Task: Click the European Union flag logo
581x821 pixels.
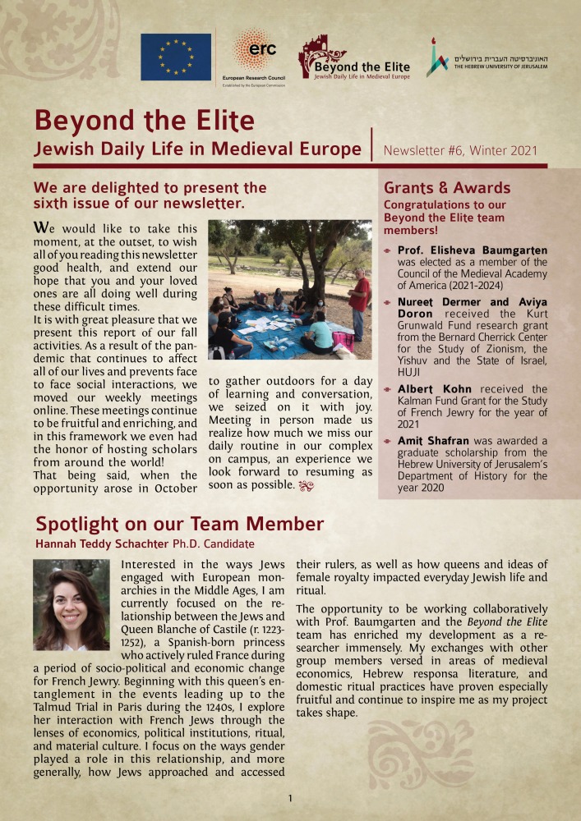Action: (x=175, y=57)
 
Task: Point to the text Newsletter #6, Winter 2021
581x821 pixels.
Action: (x=460, y=150)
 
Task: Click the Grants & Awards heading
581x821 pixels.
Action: (x=447, y=188)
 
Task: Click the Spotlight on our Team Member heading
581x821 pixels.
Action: (x=179, y=524)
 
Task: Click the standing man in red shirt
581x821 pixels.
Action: (x=357, y=302)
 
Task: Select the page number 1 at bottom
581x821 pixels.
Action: (x=290, y=798)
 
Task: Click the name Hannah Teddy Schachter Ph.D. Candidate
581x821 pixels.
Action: (x=145, y=544)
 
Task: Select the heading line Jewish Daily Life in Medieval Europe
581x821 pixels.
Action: (x=197, y=149)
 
